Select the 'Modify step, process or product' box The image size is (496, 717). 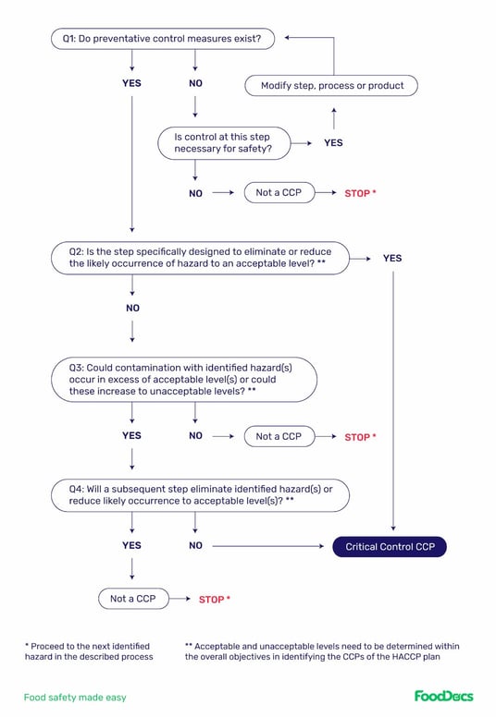tap(331, 85)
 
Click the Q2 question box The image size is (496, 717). tap(199, 258)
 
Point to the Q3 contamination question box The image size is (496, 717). tap(183, 380)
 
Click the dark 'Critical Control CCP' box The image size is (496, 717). tap(390, 547)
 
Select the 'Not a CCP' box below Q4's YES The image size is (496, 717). tap(133, 599)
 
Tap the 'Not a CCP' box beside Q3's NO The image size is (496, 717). tap(279, 436)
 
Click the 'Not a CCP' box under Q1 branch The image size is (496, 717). tap(279, 193)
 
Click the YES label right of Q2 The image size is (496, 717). tap(392, 258)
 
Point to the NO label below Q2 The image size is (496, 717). tap(132, 308)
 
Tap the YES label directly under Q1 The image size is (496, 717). tap(132, 83)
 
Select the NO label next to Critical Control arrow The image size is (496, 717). tap(195, 546)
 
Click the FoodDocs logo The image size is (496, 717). tap(444, 696)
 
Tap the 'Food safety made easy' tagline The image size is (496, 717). tap(75, 698)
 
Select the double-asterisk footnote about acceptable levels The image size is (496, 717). tap(322, 650)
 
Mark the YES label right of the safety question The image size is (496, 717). tap(333, 143)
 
